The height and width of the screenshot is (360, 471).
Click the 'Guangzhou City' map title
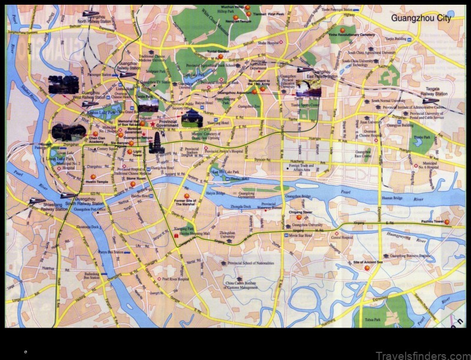tap(422, 18)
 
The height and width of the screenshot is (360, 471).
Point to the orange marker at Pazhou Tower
tap(447, 222)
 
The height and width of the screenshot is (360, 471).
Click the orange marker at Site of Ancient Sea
tap(367, 268)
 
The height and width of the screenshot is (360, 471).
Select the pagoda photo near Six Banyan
tap(157, 142)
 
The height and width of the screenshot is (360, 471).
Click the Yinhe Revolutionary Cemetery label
tap(368, 35)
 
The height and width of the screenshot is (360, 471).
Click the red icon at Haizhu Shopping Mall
tap(176, 235)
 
